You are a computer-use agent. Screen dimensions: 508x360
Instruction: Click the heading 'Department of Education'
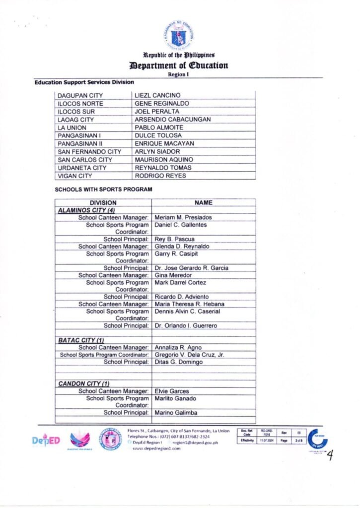click(179, 65)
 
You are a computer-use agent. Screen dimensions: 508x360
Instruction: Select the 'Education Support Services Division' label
click(83, 81)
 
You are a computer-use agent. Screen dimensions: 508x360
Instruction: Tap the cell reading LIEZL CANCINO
click(157, 95)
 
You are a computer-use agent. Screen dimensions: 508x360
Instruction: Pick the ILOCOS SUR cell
click(76, 111)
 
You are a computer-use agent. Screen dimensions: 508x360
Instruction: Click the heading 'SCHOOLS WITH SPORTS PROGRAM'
click(103, 190)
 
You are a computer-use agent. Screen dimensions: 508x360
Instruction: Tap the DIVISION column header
click(103, 202)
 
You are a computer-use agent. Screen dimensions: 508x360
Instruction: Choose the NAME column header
click(204, 202)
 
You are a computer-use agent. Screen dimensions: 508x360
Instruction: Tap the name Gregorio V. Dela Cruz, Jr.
click(190, 354)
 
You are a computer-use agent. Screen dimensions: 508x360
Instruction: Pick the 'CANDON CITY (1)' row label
click(84, 383)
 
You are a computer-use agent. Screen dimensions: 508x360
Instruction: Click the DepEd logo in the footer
click(46, 440)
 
